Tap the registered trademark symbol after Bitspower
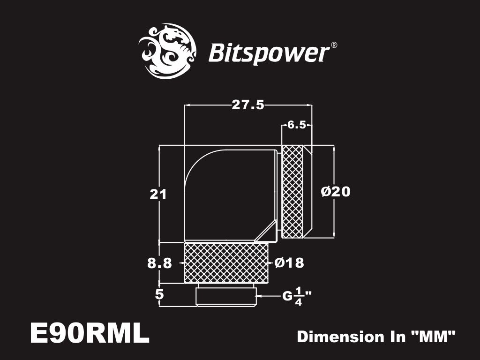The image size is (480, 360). pyautogui.click(x=334, y=45)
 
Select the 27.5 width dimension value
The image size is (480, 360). pyautogui.click(x=248, y=105)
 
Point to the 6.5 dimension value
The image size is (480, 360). pyautogui.click(x=297, y=125)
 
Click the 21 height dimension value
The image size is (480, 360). pyautogui.click(x=158, y=194)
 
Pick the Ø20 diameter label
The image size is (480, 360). pyautogui.click(x=336, y=192)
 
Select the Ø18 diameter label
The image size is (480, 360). pyautogui.click(x=289, y=263)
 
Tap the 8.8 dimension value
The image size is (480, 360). pyautogui.click(x=159, y=263)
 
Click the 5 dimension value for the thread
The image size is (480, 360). pyautogui.click(x=159, y=295)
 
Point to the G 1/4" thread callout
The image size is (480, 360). pyautogui.click(x=297, y=296)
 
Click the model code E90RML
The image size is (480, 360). pyautogui.click(x=89, y=334)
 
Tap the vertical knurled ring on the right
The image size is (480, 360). pyautogui.click(x=293, y=191)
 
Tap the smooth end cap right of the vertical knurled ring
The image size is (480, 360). pyautogui.click(x=307, y=191)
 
